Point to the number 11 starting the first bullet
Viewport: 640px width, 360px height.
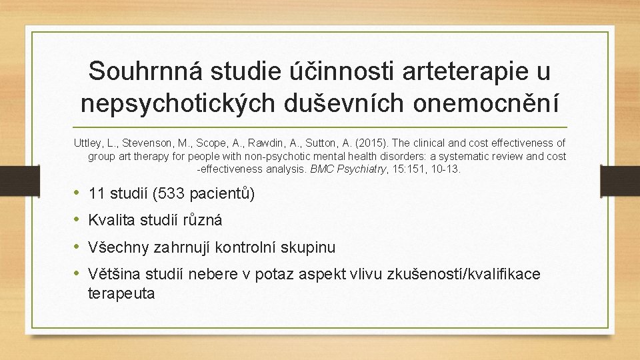96,194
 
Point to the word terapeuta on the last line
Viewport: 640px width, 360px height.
121,293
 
